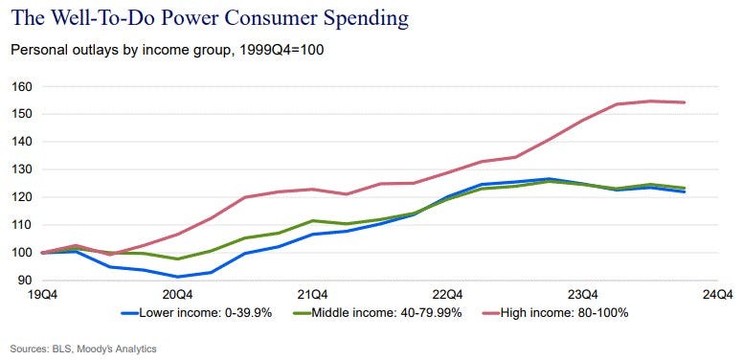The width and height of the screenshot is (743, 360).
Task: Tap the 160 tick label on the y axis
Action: pos(22,87)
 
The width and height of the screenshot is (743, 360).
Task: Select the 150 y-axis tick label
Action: pos(22,114)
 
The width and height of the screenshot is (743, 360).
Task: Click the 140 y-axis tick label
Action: pos(22,142)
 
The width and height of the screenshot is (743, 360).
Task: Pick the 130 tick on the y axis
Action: pos(22,169)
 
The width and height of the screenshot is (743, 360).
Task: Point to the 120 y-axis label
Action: pos(22,197)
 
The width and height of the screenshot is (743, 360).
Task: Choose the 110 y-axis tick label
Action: pos(22,225)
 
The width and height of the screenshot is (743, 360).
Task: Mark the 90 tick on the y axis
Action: pos(25,280)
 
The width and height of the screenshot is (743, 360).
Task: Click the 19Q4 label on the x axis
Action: pos(44,295)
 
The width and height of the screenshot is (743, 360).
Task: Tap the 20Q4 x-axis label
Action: pos(178,295)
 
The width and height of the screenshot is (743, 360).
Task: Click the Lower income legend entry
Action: pos(196,313)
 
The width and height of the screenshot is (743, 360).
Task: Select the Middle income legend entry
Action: pos(377,313)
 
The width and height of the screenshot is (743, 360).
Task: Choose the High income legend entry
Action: pos(555,313)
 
